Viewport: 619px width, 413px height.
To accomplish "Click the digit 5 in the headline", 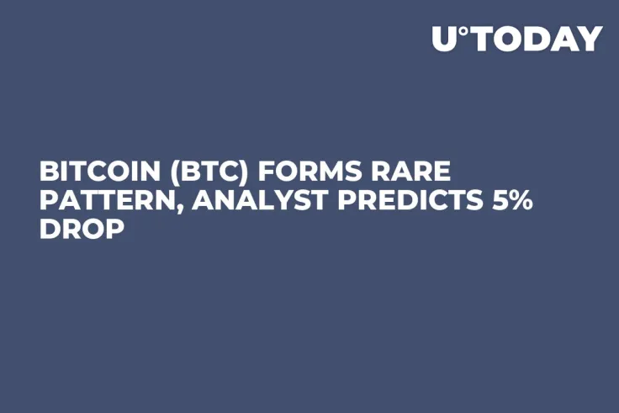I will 495,201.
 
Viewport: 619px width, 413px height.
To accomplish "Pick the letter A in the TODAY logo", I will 566,39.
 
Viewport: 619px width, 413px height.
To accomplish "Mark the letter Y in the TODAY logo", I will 591,39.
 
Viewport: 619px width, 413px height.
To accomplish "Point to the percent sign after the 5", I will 520,201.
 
